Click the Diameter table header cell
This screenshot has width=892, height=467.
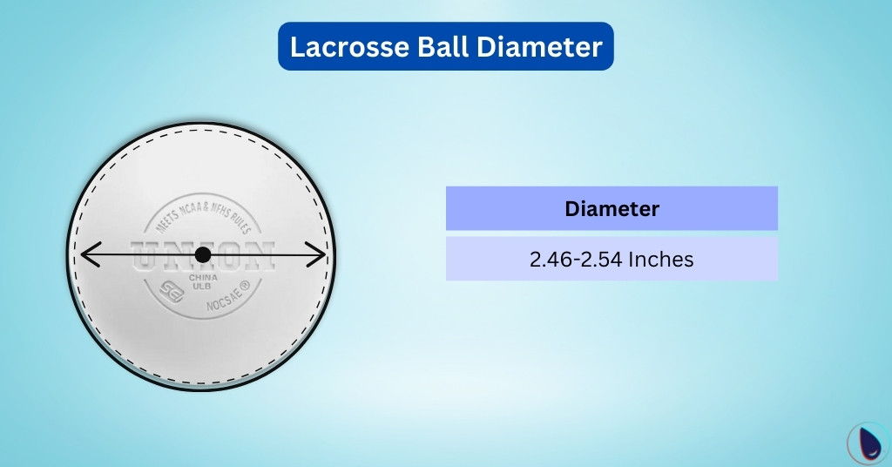pyautogui.click(x=612, y=209)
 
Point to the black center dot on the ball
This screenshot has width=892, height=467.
pyautogui.click(x=203, y=255)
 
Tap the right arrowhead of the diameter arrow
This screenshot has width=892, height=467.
pyautogui.click(x=320, y=255)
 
